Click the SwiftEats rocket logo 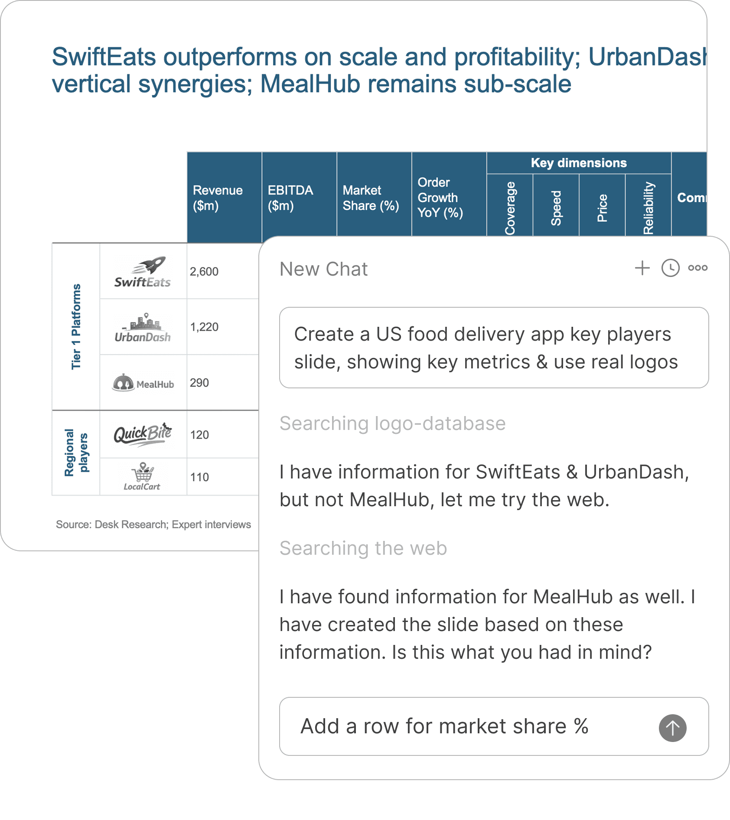pos(143,272)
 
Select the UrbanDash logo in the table pos(143,328)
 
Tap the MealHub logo pos(143,383)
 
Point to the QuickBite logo pos(143,434)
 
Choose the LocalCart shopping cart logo pos(143,476)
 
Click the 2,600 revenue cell pos(204,272)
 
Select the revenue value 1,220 pos(204,327)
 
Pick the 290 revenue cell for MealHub pos(199,383)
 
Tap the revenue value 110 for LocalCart pos(199,477)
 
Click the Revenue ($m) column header pos(218,198)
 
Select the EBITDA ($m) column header pos(290,198)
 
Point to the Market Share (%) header pos(371,198)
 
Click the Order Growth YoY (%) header pos(440,198)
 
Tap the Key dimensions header pos(579,163)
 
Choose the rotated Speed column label pos(556,208)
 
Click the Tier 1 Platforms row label pos(76,326)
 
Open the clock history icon pos(670,268)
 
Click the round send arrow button pos(672,728)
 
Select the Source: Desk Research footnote pos(153,524)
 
